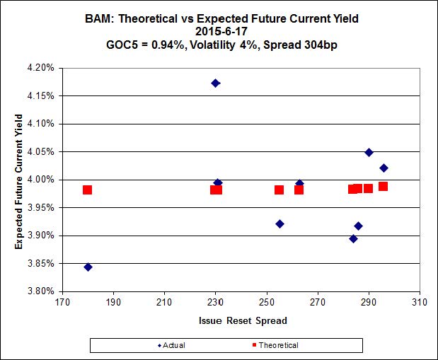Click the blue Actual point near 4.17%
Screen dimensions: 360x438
click(215, 83)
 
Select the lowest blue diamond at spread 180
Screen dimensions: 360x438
click(88, 267)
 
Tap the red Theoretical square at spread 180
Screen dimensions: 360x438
click(87, 190)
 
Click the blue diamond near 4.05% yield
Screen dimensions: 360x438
click(369, 152)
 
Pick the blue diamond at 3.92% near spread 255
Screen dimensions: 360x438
click(279, 223)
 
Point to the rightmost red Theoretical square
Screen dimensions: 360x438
click(383, 187)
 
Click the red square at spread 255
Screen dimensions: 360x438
click(279, 190)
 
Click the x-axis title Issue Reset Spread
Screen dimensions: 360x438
click(241, 320)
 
